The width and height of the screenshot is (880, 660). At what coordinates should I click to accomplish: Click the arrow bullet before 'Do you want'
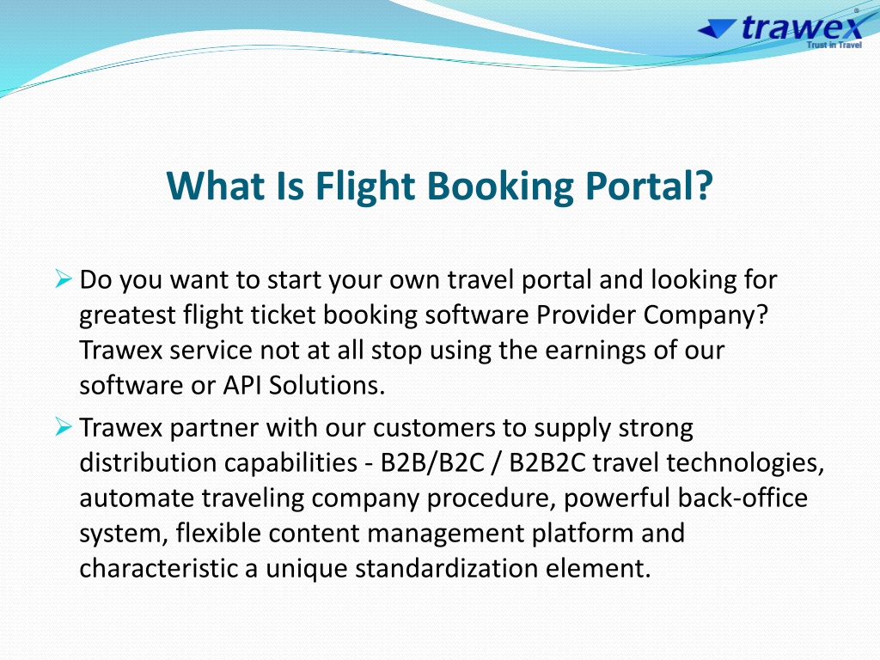click(64, 278)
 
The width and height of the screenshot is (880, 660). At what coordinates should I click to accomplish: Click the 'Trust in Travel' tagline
click(834, 45)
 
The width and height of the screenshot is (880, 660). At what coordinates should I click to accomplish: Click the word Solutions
click(327, 385)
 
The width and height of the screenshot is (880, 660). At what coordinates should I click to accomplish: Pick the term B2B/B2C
click(432, 463)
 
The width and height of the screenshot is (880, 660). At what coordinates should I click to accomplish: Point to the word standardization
click(446, 568)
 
